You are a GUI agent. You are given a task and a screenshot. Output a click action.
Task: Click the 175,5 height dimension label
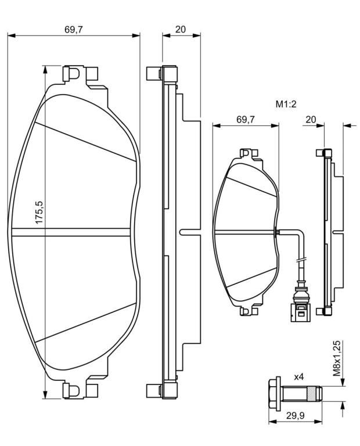click(x=39, y=212)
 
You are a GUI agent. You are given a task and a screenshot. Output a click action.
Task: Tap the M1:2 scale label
click(x=286, y=104)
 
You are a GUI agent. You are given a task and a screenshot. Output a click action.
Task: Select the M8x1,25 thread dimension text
click(x=337, y=358)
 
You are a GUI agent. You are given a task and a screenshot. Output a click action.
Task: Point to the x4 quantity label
click(x=299, y=377)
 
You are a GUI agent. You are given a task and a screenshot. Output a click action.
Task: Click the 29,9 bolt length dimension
click(x=295, y=416)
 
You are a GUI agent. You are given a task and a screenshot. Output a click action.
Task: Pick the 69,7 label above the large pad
click(x=74, y=30)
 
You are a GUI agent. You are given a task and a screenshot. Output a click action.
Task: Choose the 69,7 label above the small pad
click(x=246, y=120)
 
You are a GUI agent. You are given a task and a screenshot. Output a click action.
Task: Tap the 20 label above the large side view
click(x=181, y=29)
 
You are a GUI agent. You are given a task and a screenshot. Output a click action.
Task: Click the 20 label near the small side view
click(x=311, y=120)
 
